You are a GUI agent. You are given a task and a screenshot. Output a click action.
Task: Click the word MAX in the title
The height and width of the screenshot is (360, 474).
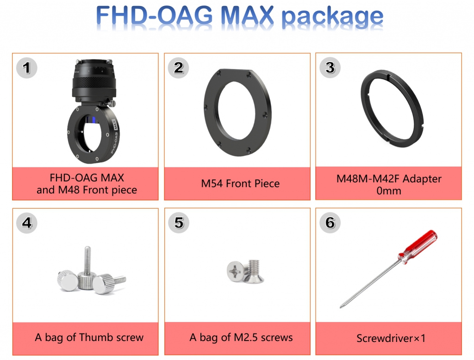(x=247, y=15)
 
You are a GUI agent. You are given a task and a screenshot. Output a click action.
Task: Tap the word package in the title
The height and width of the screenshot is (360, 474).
(x=332, y=18)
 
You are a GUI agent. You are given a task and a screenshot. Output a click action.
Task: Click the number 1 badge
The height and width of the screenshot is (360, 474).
(x=26, y=68)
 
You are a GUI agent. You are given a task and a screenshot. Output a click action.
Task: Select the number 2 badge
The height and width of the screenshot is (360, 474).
(x=178, y=68)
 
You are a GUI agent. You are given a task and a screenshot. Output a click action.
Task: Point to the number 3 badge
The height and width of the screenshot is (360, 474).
(x=330, y=68)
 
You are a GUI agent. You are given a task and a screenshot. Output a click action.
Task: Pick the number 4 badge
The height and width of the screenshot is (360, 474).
(x=26, y=223)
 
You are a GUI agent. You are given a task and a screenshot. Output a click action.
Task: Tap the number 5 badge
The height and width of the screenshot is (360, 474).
(x=179, y=223)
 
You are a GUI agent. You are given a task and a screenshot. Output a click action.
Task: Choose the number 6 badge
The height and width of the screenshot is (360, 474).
(x=330, y=223)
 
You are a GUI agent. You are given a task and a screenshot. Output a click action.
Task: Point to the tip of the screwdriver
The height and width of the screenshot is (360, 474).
(x=341, y=307)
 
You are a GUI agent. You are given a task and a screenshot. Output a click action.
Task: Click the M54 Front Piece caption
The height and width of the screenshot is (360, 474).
(x=240, y=184)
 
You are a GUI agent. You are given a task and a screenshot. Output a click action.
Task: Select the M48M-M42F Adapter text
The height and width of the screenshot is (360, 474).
(x=389, y=179)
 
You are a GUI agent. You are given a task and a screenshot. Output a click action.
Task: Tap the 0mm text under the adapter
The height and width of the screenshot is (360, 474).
(x=389, y=191)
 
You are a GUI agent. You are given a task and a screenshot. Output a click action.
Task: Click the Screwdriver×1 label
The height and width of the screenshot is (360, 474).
(x=391, y=338)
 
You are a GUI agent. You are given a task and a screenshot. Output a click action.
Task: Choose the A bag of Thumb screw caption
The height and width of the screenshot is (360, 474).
(x=89, y=337)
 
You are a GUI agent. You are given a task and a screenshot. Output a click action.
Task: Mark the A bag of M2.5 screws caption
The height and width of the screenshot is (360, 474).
(x=241, y=337)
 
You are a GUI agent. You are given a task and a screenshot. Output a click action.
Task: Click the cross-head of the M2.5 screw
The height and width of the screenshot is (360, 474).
(x=235, y=271)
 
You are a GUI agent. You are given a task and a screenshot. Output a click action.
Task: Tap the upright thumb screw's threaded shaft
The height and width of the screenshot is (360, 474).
(x=87, y=259)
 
